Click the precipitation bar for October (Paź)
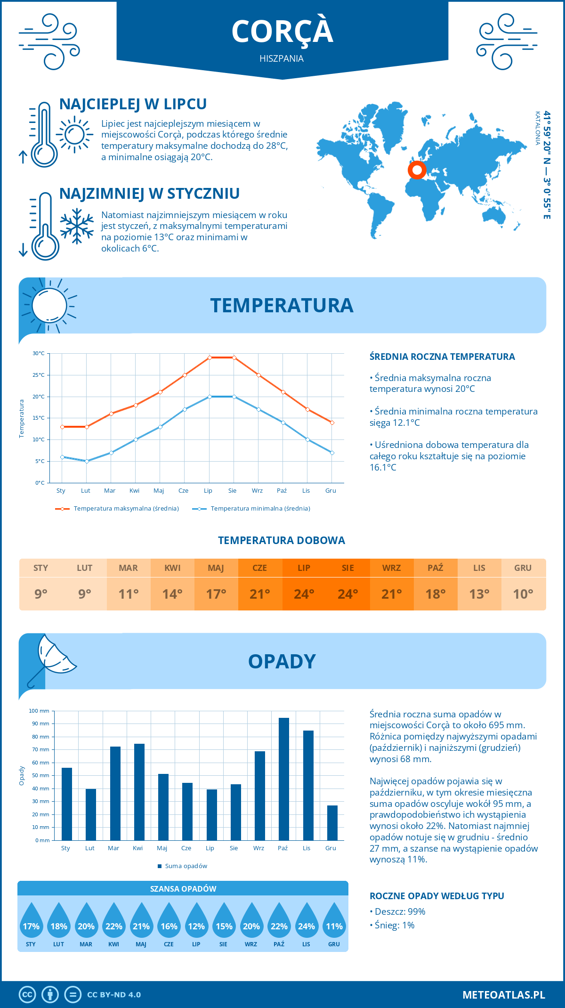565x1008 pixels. click(283, 779)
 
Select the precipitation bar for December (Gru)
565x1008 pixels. click(332, 823)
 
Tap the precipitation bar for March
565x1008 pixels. click(115, 793)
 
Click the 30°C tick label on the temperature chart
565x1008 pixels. click(39, 353)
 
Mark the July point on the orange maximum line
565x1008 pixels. click(210, 358)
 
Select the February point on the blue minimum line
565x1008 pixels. click(87, 461)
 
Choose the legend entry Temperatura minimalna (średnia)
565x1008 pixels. click(260, 509)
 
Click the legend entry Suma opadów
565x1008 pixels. click(186, 866)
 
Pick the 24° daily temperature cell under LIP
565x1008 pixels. click(304, 594)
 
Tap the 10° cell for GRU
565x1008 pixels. click(523, 594)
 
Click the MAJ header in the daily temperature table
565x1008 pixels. click(216, 568)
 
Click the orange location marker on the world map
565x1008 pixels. click(417, 170)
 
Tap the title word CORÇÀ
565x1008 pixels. click(282, 32)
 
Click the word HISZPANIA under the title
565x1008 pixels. click(282, 58)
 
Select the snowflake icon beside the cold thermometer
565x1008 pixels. click(77, 226)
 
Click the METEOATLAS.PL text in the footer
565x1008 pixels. click(503, 995)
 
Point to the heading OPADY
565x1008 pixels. click(282, 661)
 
